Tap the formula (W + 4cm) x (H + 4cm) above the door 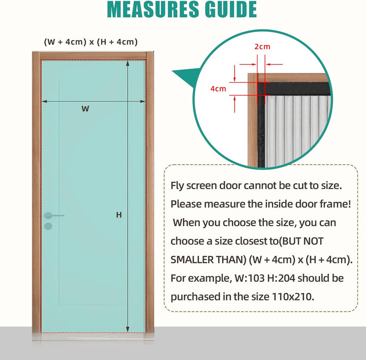91,42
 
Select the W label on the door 85,108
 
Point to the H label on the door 119,215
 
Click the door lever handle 54,215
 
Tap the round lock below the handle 48,226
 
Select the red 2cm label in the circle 262,47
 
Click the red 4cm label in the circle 218,88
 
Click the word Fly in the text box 177,186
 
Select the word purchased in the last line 193,296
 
